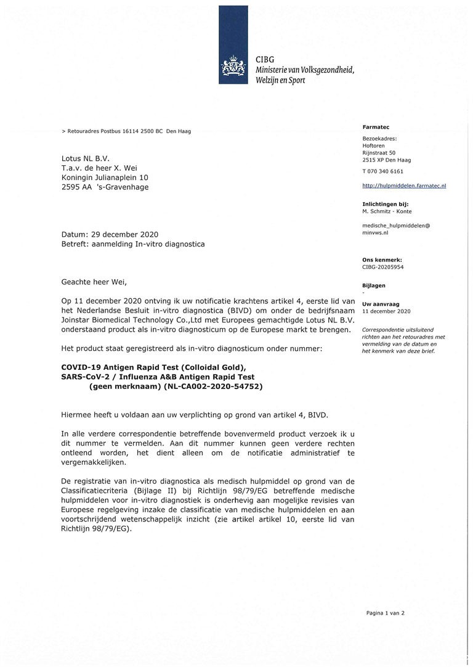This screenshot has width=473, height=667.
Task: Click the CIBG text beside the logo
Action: tap(265, 59)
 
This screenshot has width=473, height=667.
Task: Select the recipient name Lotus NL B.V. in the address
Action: tap(86, 158)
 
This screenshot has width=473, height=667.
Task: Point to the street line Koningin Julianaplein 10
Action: tap(104, 178)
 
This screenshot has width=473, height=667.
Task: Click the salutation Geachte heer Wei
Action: tap(94, 282)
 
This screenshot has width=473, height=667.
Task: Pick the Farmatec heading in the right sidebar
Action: tap(376, 127)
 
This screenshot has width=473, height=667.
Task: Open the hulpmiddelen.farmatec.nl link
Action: tap(404, 185)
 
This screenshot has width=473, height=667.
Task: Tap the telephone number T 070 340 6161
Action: tap(383, 171)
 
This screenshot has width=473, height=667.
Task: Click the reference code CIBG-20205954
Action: tap(383, 267)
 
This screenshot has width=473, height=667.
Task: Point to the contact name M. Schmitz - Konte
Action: tap(387, 211)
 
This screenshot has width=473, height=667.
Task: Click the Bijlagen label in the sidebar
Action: tap(374, 285)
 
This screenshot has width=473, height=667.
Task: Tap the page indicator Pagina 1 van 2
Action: tap(385, 613)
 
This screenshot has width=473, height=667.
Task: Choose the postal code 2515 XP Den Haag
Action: tap(387, 160)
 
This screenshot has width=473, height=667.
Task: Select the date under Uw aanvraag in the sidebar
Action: tap(386, 311)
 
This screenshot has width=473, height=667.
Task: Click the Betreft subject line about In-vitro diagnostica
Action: tap(133, 244)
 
